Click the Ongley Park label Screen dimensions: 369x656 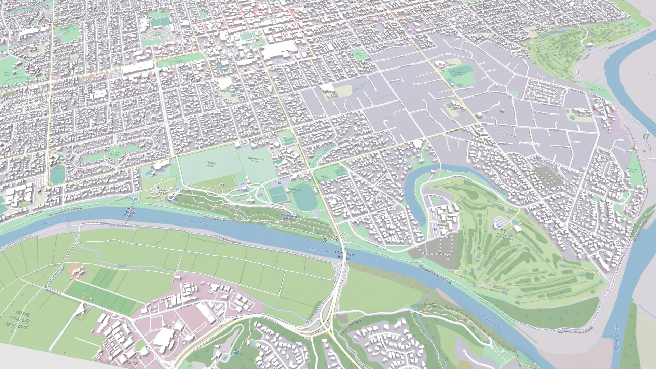(210, 164)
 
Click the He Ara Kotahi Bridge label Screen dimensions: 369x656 (128, 212)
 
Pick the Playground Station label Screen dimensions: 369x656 (288, 217)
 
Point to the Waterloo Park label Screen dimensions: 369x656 (631, 170)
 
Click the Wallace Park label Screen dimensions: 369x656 (325, 177)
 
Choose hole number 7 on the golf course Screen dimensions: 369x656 (564, 297)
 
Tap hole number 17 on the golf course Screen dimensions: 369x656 (514, 277)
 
